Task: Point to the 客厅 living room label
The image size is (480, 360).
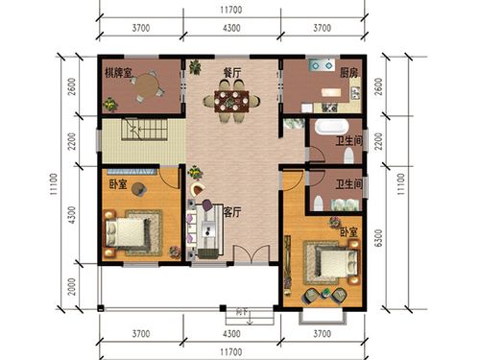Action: click(231, 211)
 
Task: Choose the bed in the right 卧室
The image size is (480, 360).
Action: click(324, 259)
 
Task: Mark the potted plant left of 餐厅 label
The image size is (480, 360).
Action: click(195, 67)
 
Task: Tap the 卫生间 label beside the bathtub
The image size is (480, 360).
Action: click(348, 141)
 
